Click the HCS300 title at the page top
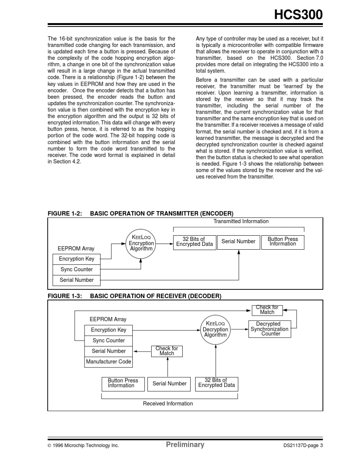coord(298,14)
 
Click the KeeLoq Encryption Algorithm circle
coord(141,244)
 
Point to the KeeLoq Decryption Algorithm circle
coord(215,330)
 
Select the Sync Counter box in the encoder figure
coord(77,269)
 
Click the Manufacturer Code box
coord(108,362)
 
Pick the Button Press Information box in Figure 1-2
coord(283,242)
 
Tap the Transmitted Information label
coord(241,222)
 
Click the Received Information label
coord(168,404)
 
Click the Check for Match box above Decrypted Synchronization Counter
coord(267,310)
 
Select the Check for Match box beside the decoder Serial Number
coord(167,351)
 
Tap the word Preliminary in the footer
coord(185,445)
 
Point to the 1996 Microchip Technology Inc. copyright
coord(83,446)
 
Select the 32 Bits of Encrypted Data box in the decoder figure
coord(216,383)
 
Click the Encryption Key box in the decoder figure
coord(108,330)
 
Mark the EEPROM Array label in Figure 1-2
coord(76,249)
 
